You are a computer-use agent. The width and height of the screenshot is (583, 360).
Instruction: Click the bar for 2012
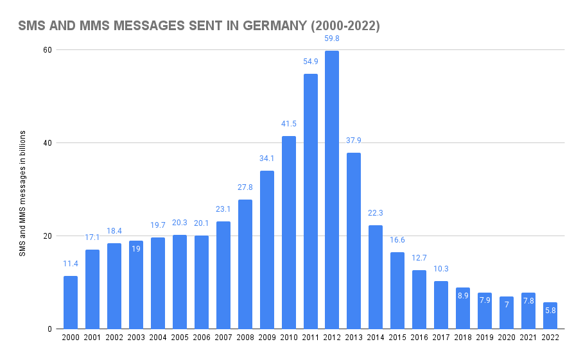pos(332,190)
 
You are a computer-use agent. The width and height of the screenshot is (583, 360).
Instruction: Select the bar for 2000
pos(71,302)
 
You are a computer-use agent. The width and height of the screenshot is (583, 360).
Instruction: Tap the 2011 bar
pos(310,201)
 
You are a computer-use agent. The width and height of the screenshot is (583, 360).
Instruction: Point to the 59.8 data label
pos(332,39)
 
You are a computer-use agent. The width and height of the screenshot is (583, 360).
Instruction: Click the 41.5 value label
pos(288,124)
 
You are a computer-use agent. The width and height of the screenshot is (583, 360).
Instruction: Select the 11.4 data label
pos(71,264)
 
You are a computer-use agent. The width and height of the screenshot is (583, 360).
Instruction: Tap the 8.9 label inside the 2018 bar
pos(463,296)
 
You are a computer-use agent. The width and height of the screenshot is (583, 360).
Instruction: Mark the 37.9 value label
pos(354,141)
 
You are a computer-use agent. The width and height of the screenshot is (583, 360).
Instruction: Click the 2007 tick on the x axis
pos(223,338)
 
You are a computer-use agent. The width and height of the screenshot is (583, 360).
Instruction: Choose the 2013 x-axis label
pos(354,338)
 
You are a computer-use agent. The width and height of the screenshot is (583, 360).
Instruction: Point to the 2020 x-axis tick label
pos(507,338)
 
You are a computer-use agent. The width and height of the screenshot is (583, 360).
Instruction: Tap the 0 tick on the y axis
pos(50,329)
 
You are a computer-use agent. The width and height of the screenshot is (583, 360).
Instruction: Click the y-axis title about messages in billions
pos(22,193)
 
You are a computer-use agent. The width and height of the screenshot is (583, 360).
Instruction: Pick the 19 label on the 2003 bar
pos(136,249)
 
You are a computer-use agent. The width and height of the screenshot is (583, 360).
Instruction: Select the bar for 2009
pos(266,250)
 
